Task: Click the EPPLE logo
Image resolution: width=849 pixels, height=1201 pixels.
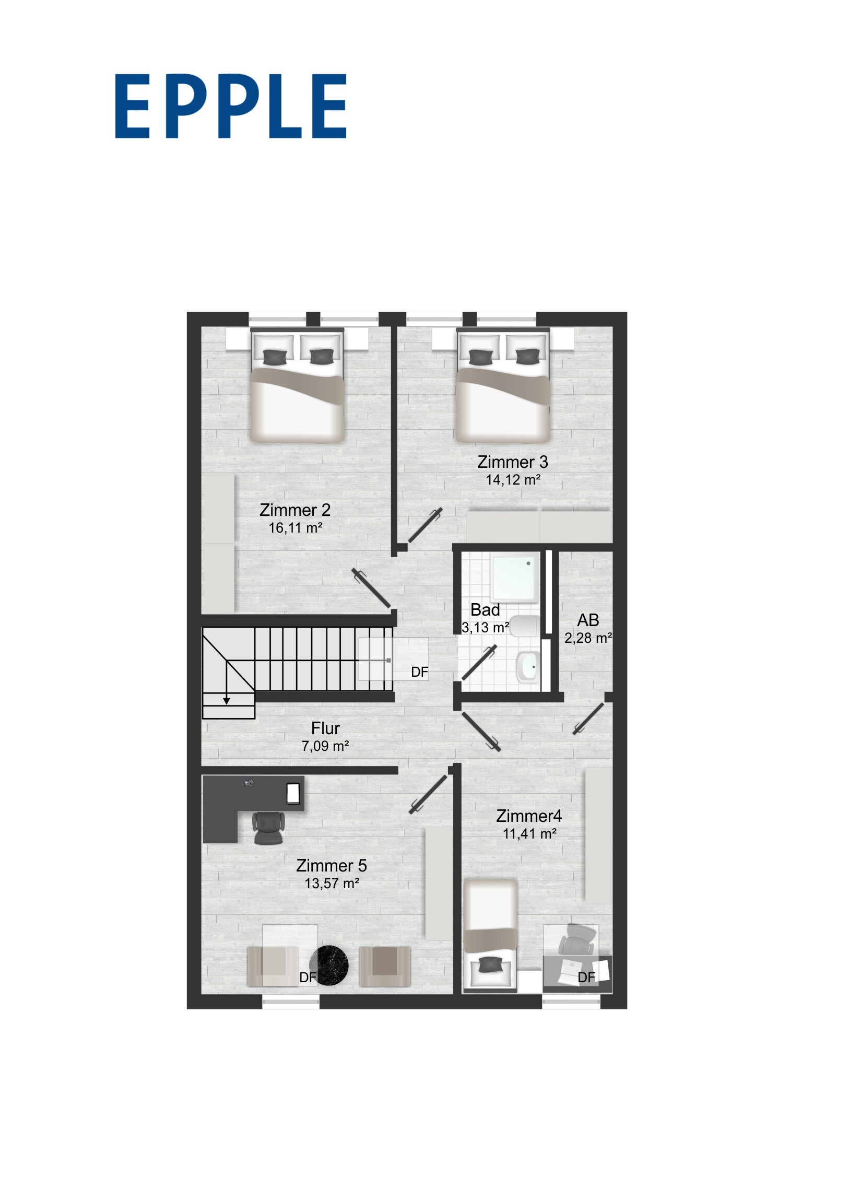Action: tap(231, 106)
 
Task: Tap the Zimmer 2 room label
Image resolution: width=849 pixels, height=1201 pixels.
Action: tap(295, 510)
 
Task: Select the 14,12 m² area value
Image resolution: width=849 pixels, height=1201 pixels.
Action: tap(513, 480)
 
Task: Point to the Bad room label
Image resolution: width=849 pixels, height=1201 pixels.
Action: tap(485, 609)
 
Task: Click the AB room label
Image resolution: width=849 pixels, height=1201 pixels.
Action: tap(588, 620)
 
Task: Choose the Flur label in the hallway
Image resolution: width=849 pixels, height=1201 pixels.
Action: tap(325, 728)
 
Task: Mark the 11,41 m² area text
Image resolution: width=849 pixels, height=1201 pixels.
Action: tap(529, 834)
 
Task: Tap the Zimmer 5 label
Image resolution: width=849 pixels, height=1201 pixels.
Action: tap(332, 866)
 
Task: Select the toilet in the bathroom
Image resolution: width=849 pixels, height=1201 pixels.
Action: tap(524, 626)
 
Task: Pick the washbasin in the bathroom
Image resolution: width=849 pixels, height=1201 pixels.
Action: tap(527, 667)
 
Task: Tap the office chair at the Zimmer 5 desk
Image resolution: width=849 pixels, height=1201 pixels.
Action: tap(268, 829)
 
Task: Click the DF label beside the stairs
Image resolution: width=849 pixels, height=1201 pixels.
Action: tap(419, 672)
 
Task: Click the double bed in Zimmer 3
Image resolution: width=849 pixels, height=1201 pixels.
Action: tap(503, 385)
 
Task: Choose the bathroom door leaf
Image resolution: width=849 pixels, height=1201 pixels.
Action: tap(479, 663)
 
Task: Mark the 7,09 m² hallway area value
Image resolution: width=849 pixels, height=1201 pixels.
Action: tap(325, 746)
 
